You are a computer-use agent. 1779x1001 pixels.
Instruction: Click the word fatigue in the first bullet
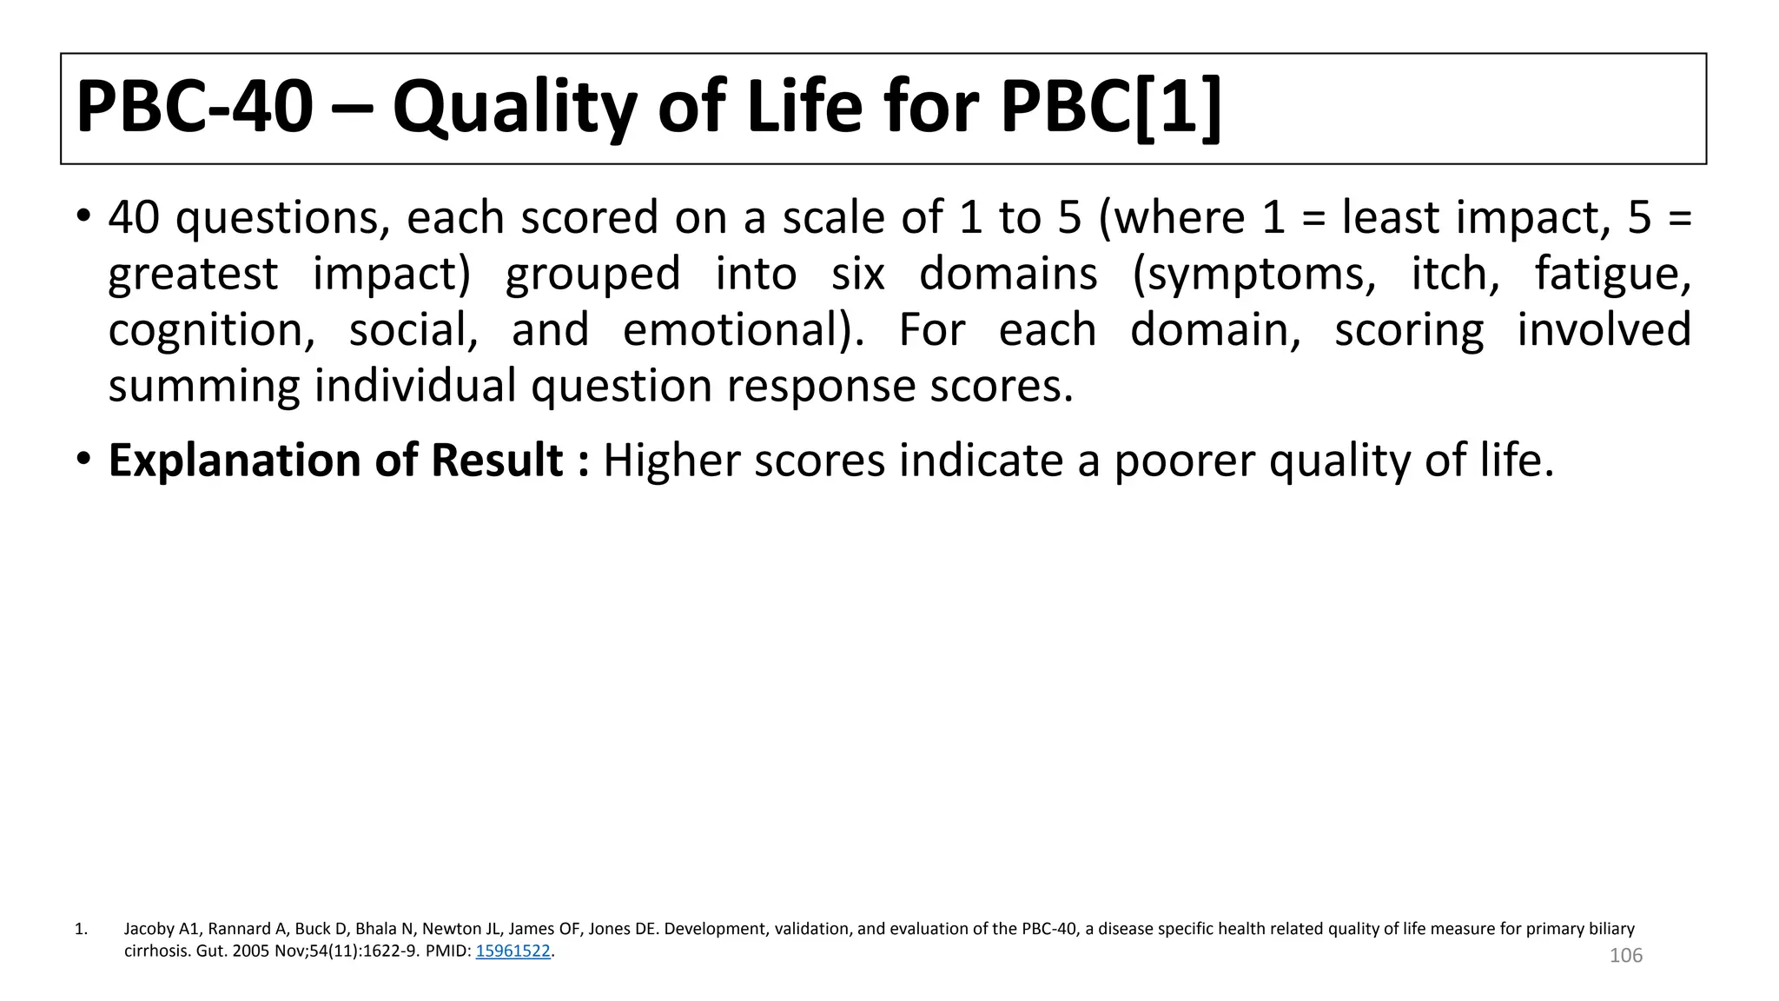(x=1612, y=275)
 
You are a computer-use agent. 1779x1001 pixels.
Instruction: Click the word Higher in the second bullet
(x=671, y=460)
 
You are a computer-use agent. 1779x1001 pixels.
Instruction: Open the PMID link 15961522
(x=513, y=951)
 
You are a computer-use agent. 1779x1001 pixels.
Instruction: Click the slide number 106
(x=1625, y=956)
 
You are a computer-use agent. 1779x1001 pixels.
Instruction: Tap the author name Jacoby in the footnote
(x=150, y=929)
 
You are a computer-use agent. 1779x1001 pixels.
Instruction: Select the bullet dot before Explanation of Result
(x=83, y=459)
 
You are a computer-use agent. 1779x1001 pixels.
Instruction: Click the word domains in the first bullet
(x=1008, y=275)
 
